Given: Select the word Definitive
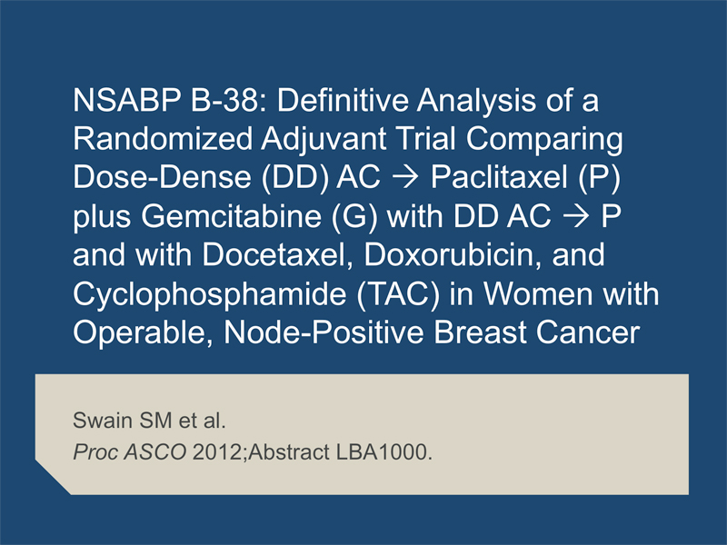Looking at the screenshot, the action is coord(343,100).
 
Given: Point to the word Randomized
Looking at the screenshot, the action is coord(163,139).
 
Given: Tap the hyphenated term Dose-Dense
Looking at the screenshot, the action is coord(163,177).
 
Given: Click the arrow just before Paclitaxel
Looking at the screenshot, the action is coord(405,178).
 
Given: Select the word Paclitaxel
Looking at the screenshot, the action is coord(499,177).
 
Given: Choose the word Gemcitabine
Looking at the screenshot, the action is coord(232,216).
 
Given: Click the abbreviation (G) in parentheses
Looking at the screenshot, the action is coord(354,217).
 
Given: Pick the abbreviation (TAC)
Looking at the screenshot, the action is coord(398,294).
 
